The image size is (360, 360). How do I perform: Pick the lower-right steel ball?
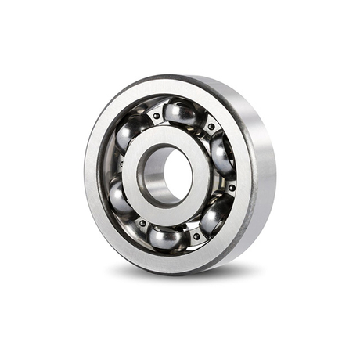[x=214, y=214]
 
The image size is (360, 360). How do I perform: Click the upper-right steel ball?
[x=221, y=153]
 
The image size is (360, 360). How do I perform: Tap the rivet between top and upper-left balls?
[x=157, y=116]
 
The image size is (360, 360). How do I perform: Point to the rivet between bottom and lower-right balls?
[x=195, y=235]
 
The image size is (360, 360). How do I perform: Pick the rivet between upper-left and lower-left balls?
[x=120, y=164]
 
